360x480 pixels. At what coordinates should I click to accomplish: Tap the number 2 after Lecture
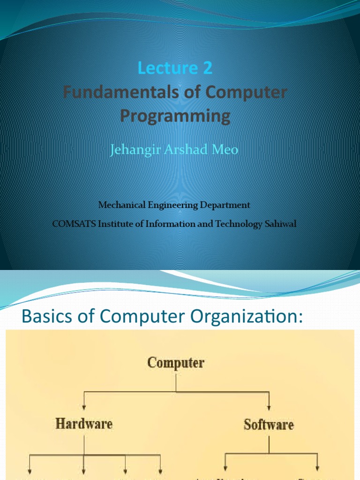click(207, 68)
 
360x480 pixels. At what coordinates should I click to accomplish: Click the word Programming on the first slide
click(175, 115)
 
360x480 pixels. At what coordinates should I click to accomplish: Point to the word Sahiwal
click(281, 224)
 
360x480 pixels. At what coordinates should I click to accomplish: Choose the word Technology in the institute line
click(238, 224)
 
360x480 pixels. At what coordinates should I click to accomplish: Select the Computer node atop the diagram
click(176, 363)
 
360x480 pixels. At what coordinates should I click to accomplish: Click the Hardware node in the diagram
click(84, 424)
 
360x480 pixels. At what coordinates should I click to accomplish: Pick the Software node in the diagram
click(269, 425)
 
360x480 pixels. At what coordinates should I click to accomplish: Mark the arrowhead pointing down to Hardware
click(84, 406)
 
